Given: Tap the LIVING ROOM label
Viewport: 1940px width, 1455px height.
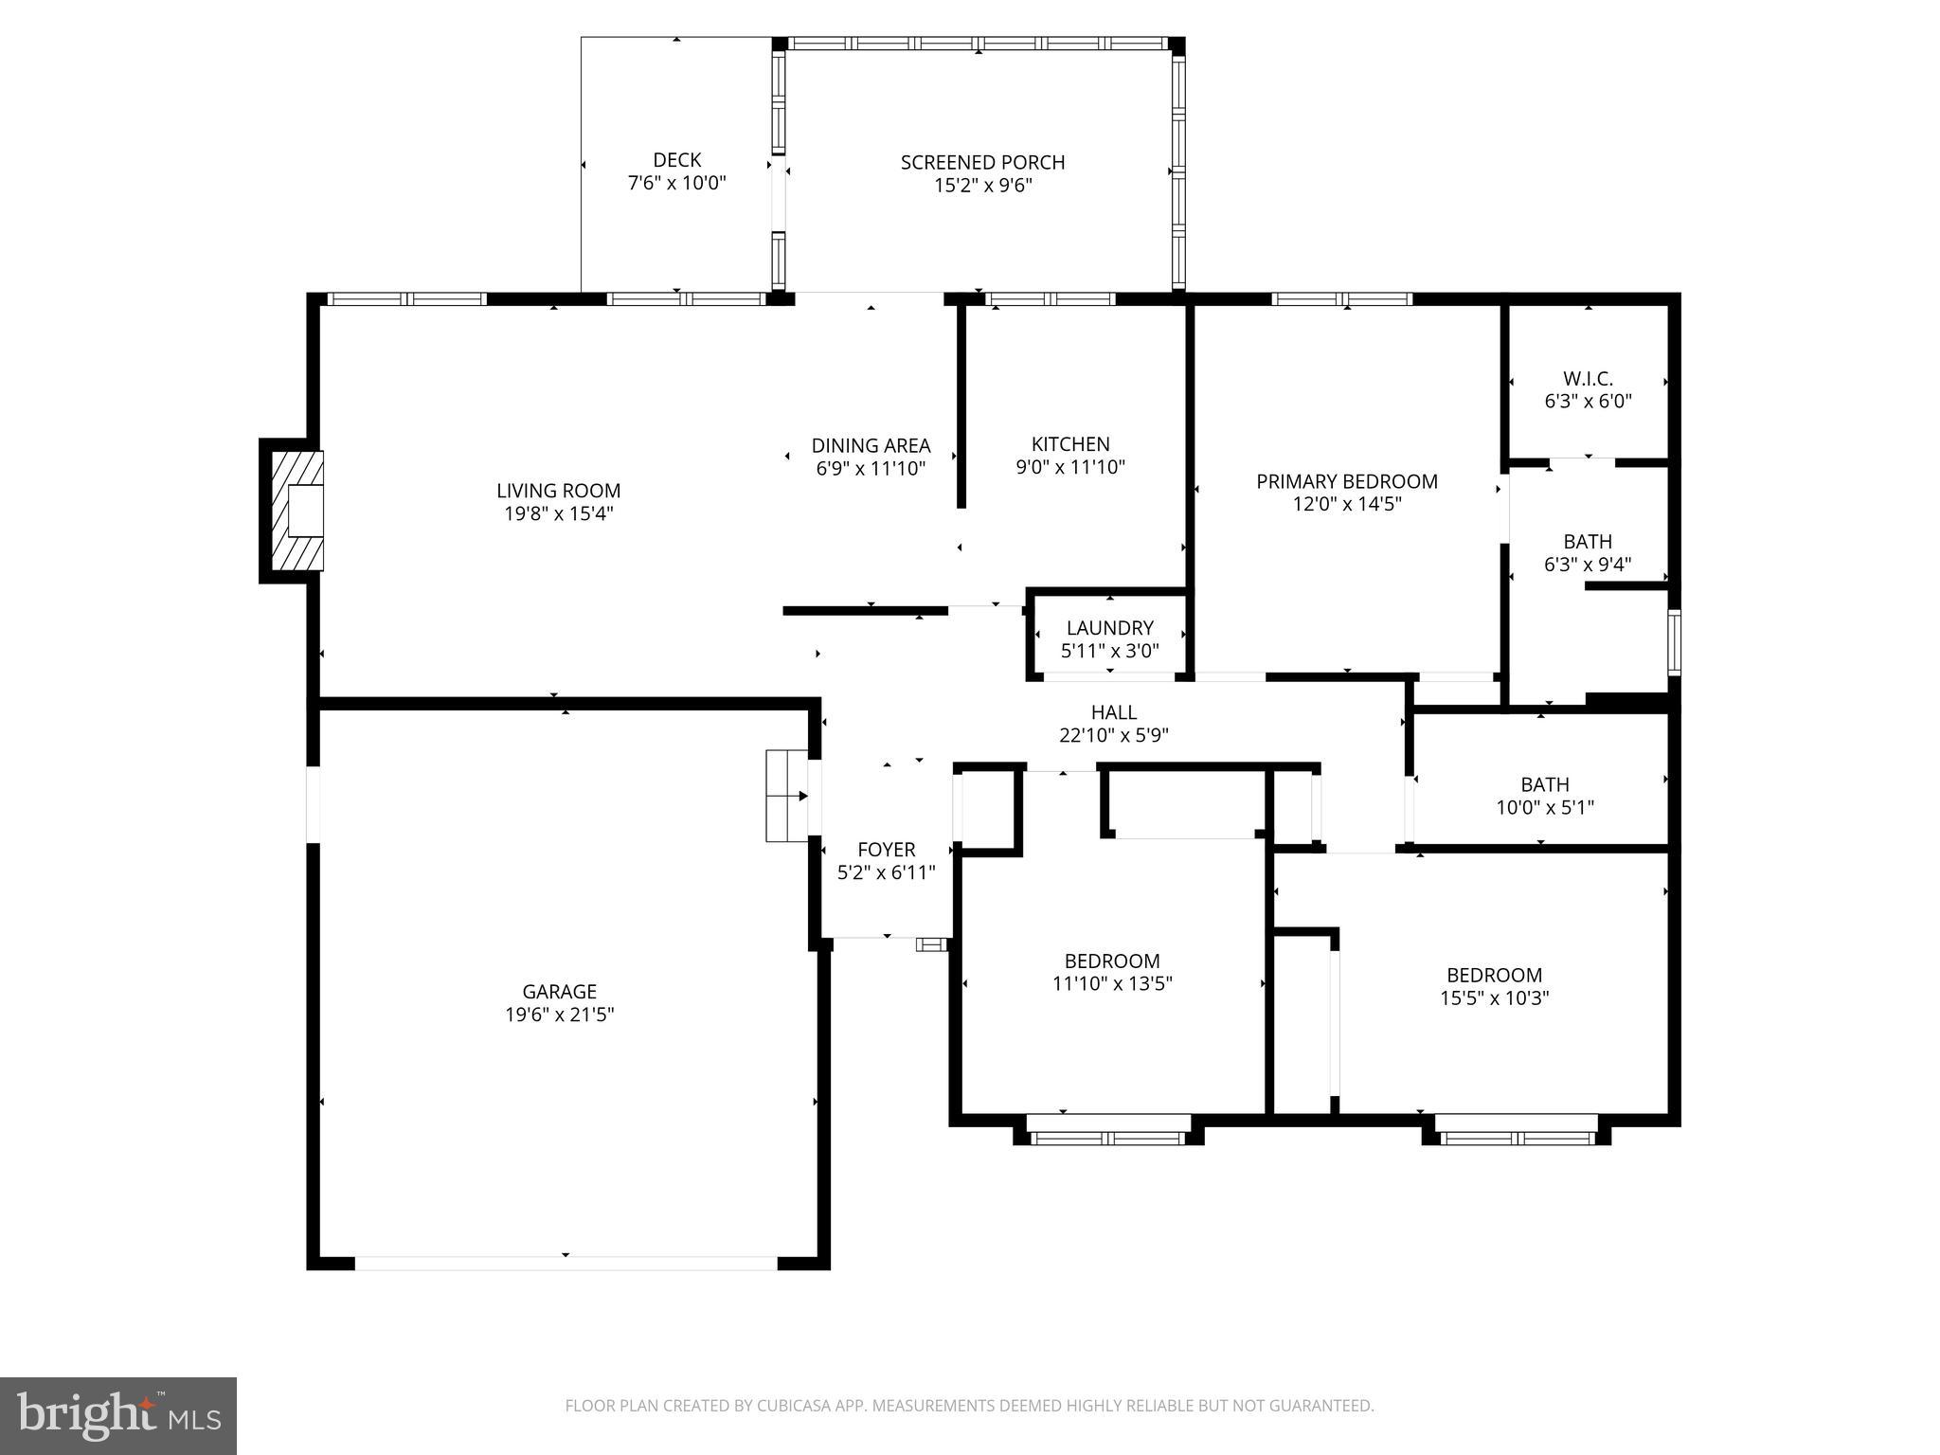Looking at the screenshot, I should click(559, 491).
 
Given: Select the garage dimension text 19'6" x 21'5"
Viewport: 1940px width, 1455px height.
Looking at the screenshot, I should click(559, 1015).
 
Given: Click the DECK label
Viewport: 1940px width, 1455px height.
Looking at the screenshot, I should click(676, 160).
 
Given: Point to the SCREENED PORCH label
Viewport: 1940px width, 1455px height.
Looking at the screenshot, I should click(982, 163).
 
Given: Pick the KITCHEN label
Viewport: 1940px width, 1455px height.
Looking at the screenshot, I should click(1070, 444).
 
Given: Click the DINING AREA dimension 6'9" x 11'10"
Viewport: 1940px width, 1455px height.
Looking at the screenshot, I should click(871, 468).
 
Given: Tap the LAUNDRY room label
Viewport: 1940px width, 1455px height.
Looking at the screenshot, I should click(1109, 628).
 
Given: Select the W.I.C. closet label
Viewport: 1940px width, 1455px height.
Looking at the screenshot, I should click(1588, 379).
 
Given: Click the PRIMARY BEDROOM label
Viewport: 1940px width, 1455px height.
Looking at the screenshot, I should click(1346, 481).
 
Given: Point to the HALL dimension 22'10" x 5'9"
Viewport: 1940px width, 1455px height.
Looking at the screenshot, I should click(1113, 735).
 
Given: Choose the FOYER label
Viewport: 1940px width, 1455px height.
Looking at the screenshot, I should click(886, 850).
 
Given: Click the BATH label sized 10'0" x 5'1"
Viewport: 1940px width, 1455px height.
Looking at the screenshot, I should click(1544, 784).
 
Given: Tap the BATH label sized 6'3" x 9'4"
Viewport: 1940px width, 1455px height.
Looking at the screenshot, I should click(1587, 542).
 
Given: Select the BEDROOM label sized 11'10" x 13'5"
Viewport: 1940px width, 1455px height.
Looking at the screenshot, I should click(1111, 961).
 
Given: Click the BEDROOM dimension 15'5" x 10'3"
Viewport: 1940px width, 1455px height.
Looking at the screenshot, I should click(1494, 997).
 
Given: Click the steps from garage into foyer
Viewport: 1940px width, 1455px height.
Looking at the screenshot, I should click(785, 796).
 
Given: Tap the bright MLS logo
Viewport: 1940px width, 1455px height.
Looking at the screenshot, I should click(118, 1416).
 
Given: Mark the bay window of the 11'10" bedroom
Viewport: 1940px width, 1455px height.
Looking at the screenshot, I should click(1108, 1131).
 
